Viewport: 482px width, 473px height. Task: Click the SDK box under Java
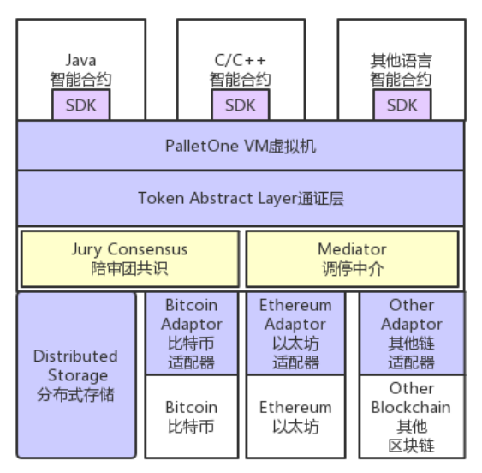pos(81,105)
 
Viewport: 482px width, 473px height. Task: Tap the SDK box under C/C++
pos(241,105)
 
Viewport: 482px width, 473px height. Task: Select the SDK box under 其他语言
pos(402,105)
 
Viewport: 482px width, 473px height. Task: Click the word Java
pos(80,60)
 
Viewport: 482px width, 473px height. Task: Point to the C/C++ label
pos(240,60)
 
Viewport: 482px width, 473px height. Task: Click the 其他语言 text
pos(402,60)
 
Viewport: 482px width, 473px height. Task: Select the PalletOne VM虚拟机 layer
pos(241,146)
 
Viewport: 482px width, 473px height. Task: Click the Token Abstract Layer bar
pos(241,198)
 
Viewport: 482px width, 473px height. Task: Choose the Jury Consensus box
pos(130,259)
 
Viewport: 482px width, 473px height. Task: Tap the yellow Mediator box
pos(352,259)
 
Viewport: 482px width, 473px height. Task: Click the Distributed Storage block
pos(76,375)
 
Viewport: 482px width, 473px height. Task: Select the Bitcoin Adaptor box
pos(192,333)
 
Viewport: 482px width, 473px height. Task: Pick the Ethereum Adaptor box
pos(295,333)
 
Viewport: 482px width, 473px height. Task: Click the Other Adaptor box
pos(412,333)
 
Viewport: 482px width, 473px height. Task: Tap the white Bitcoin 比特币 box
pos(192,416)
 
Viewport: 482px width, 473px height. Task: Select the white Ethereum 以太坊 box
pos(295,416)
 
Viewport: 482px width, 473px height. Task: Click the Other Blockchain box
pos(412,416)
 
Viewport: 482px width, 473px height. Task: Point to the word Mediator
pos(352,249)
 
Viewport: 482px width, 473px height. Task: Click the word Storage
pos(78,375)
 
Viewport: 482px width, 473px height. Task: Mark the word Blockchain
pos(411,408)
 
